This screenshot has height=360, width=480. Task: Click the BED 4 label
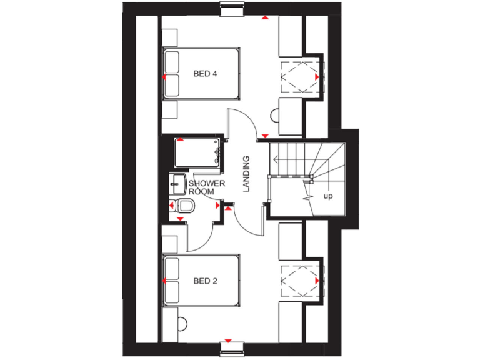[x=205, y=74]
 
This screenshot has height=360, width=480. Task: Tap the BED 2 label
[x=205, y=281]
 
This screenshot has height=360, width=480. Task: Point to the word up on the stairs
[x=327, y=196]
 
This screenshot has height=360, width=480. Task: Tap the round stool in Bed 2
[x=182, y=324]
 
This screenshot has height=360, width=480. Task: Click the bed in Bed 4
[x=201, y=73]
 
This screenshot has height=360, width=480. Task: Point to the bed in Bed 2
[x=201, y=281]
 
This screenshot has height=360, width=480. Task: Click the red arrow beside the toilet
[x=171, y=205]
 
